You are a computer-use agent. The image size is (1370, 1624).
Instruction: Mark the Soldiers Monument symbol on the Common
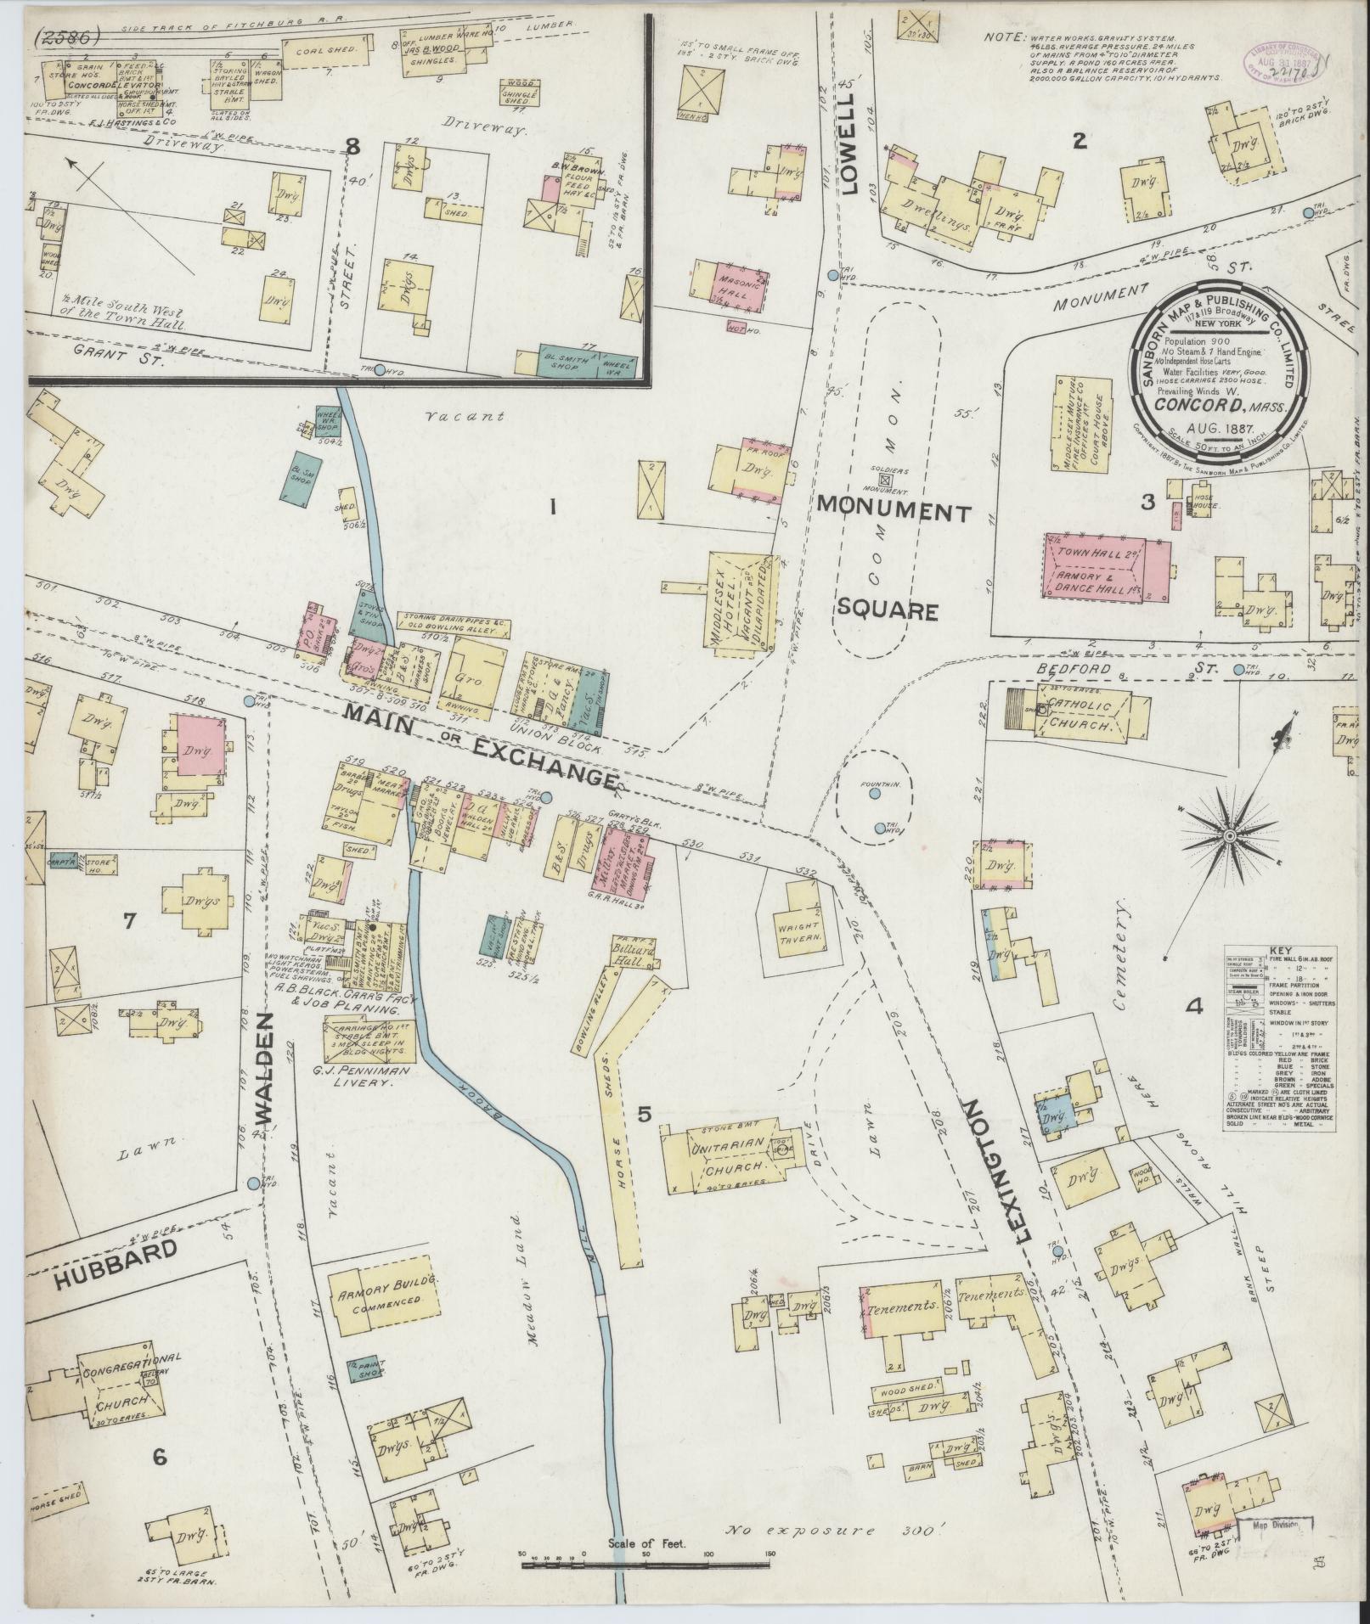[x=886, y=480]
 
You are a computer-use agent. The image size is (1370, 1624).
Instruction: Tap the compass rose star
[x=1226, y=836]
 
